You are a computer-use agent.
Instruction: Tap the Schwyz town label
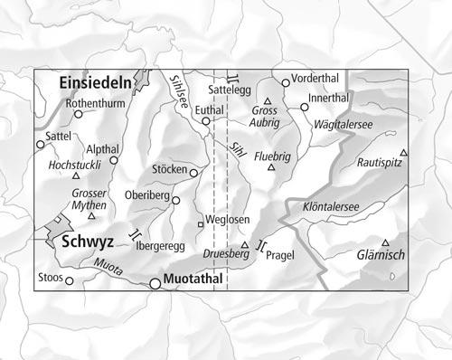89,243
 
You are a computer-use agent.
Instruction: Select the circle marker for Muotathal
155,283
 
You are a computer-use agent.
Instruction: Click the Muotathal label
195,282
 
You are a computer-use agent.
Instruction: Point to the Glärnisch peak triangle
386,242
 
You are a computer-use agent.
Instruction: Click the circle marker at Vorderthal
286,82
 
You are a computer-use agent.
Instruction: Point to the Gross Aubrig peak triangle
268,100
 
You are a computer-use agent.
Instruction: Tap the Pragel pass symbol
261,245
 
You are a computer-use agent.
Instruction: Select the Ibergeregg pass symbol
136,234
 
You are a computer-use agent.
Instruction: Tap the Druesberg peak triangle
244,245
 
